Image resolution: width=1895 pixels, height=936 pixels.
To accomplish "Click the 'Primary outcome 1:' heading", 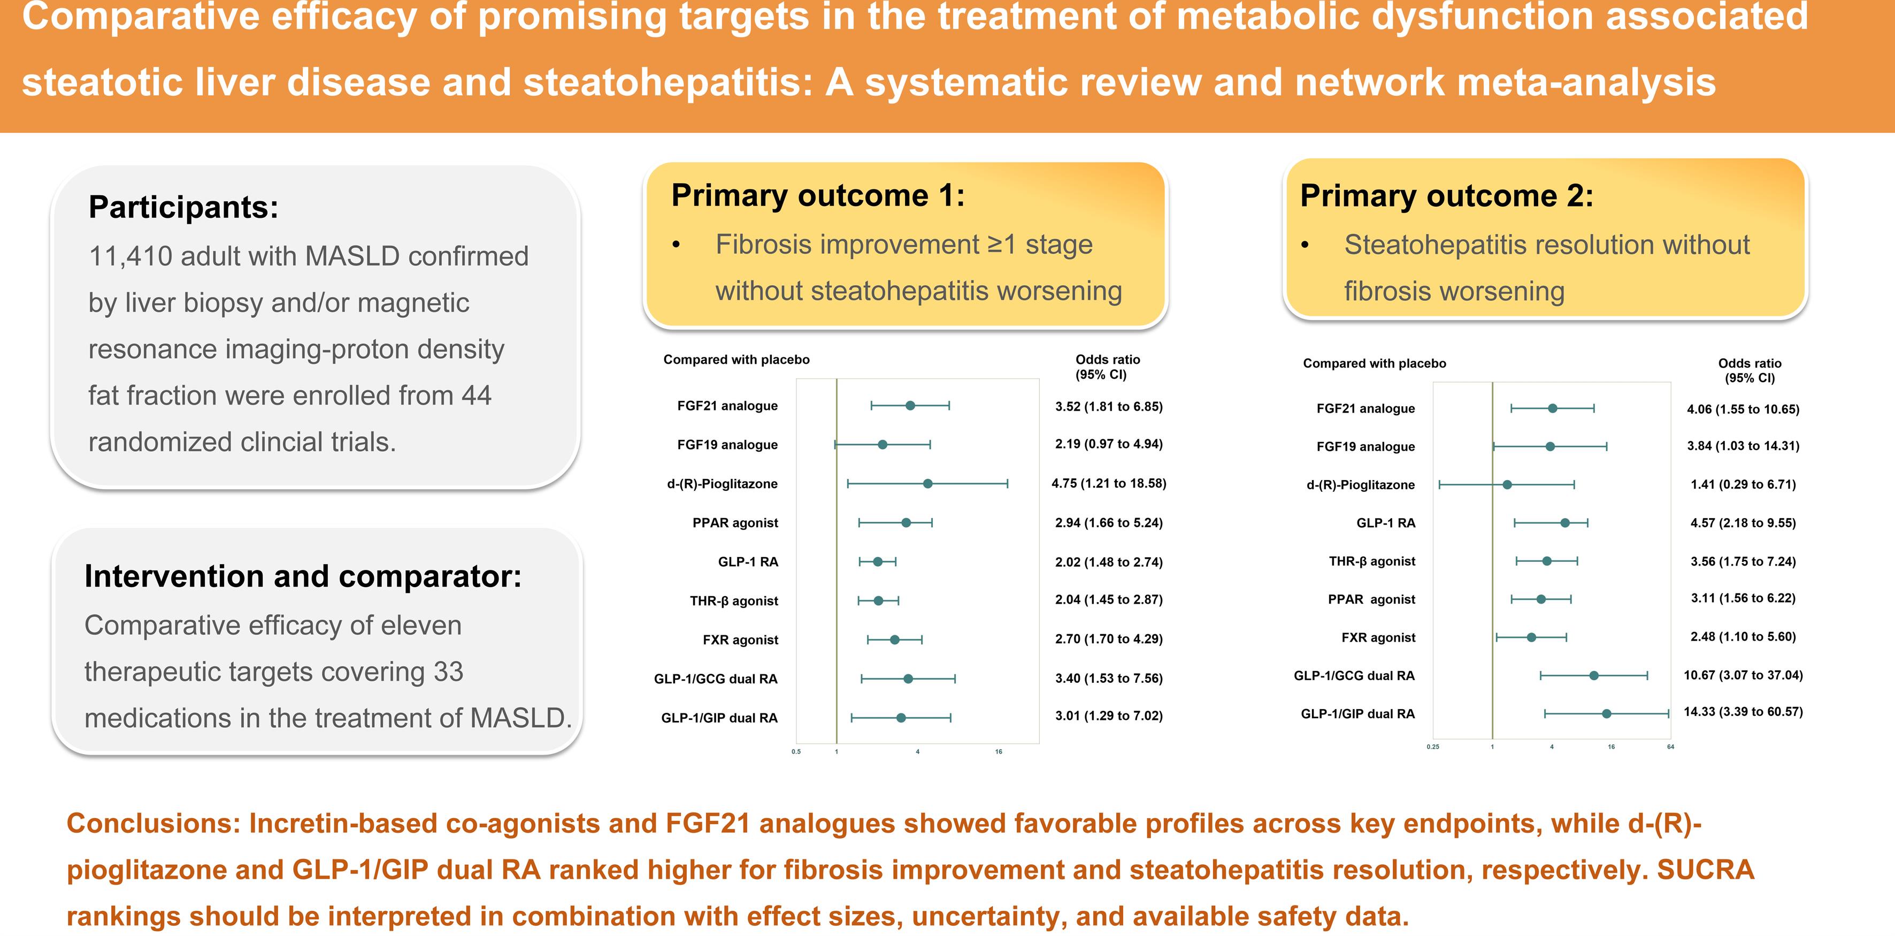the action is click(818, 196).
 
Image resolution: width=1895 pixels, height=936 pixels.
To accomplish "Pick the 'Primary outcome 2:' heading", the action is click(1447, 196).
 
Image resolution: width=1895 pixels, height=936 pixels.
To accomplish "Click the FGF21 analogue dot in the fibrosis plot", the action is click(910, 406).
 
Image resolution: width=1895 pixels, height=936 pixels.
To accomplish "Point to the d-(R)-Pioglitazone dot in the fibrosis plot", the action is click(927, 483).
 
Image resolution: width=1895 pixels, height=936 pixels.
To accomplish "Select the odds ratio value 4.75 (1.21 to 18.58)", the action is click(1109, 483).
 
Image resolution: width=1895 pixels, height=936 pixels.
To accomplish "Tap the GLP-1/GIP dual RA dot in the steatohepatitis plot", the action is click(1607, 714).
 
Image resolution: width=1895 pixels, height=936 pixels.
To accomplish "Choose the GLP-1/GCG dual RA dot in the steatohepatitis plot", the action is click(1594, 675).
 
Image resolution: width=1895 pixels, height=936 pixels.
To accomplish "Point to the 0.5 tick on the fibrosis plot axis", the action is click(796, 751).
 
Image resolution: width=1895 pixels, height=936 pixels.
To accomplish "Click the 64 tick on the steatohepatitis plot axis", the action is click(1671, 747).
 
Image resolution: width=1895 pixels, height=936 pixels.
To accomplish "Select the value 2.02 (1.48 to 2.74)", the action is click(1109, 562).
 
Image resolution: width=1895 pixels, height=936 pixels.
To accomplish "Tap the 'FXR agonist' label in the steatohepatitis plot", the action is click(1378, 637).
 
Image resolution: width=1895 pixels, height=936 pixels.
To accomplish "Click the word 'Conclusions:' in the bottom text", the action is click(154, 824).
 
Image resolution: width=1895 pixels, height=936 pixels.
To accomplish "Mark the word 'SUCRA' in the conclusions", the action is click(1705, 870).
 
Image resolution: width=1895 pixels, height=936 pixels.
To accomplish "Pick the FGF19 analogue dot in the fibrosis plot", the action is click(883, 444).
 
